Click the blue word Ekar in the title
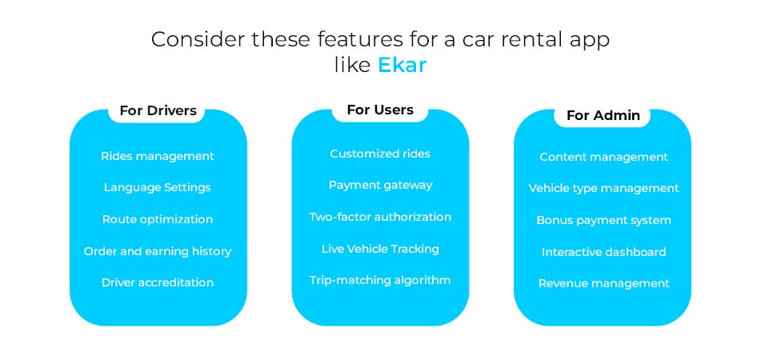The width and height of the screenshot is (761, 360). pos(403,66)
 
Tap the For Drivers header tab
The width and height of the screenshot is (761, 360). pos(158,111)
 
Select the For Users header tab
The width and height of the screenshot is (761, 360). pos(380,110)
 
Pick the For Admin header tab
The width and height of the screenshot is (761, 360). pos(603,115)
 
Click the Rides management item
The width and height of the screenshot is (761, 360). pos(158,156)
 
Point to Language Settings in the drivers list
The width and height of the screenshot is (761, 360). pos(158,187)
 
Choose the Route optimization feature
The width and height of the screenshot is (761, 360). pos(158,219)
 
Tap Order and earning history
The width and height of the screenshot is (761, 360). pos(158,251)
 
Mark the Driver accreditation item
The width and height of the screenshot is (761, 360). pos(158,282)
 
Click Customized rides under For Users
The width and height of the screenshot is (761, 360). pos(380,154)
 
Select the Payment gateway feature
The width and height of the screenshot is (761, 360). pos(380,185)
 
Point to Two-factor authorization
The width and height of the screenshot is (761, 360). pos(380,217)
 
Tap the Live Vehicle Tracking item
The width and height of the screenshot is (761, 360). pos(380,249)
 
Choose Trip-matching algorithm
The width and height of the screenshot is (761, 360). pos(380,280)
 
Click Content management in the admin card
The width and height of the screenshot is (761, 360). pos(603,157)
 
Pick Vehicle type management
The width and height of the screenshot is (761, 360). pos(603,188)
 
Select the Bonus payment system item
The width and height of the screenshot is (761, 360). pos(603,220)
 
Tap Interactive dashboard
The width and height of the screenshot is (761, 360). pos(603,252)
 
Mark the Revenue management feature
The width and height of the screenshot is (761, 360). pos(603,283)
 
